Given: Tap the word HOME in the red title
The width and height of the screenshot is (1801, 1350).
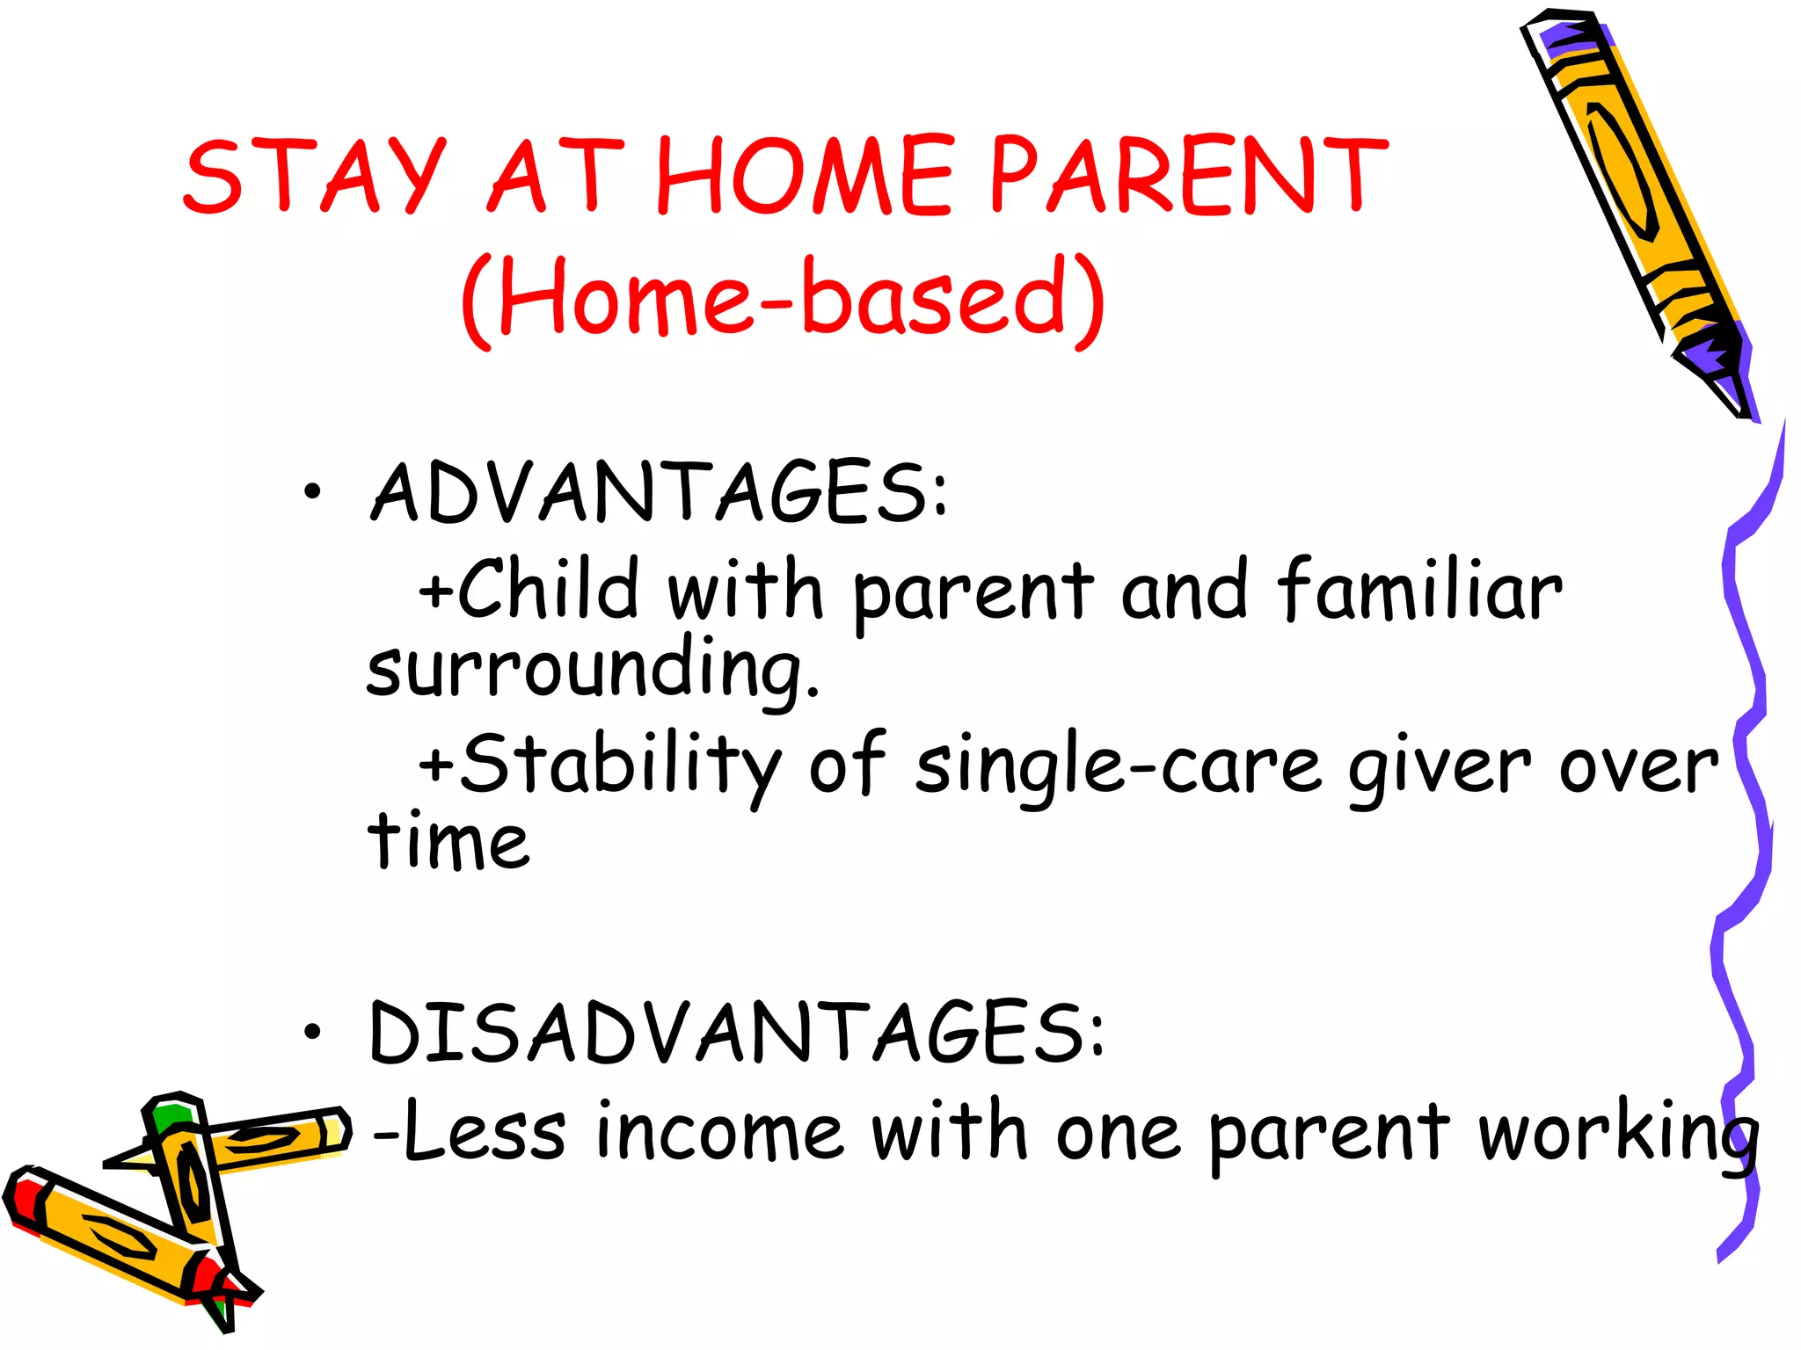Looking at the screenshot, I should (x=805, y=176).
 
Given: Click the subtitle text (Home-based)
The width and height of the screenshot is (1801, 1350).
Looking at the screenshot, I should (x=783, y=299).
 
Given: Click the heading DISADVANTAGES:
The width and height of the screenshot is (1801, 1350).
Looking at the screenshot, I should (x=737, y=1033).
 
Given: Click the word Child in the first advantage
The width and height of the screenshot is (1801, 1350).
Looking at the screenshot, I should (x=550, y=589).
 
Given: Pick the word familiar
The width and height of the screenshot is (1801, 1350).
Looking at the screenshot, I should (x=1420, y=589).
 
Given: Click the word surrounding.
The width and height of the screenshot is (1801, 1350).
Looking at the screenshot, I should (x=591, y=670).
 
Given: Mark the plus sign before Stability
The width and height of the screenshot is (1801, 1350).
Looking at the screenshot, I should (x=435, y=763).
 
